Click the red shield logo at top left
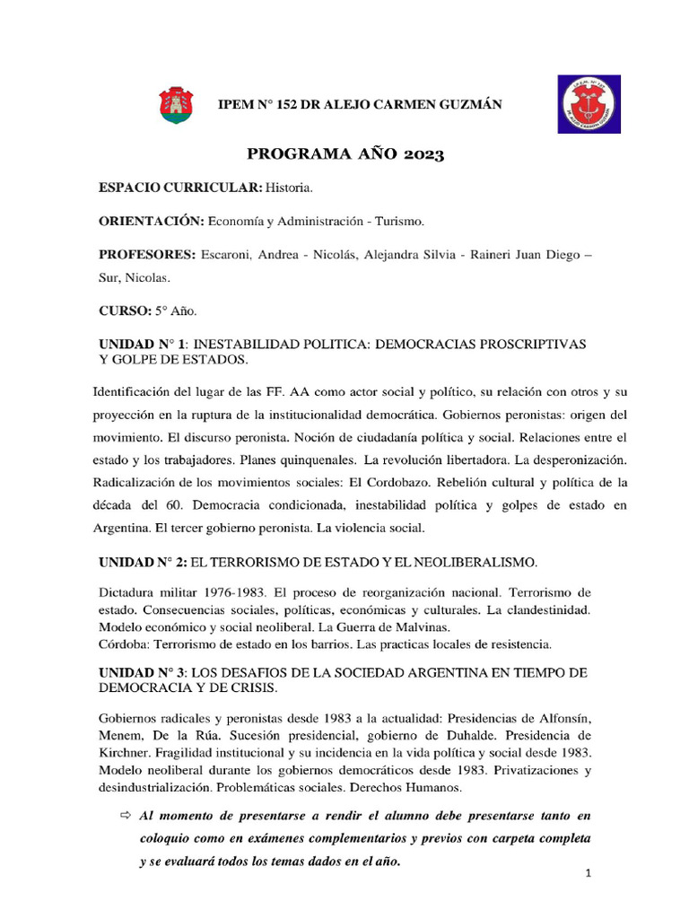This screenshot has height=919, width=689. click(x=175, y=105)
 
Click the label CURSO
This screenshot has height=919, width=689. click(x=123, y=311)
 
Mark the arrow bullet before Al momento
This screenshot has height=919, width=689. click(x=125, y=815)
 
